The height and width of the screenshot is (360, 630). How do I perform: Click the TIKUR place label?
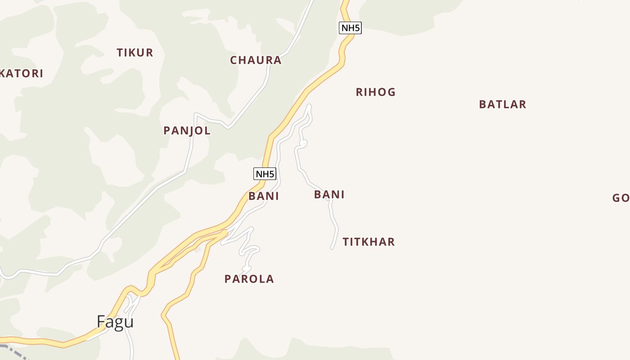coord(135,53)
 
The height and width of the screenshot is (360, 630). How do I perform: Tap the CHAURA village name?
coord(256,60)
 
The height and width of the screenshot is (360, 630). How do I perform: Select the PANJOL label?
coord(187,131)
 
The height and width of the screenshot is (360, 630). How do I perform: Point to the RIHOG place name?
coord(376,92)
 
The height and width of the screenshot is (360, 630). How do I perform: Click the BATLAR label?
coord(503,104)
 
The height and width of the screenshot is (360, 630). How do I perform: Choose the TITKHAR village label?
coord(369,242)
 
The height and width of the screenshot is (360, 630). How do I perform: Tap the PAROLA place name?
coord(249,279)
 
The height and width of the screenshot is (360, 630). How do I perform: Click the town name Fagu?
coord(115,322)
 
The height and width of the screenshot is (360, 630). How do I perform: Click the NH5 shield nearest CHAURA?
coord(350,28)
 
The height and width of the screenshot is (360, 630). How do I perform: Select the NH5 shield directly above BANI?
coord(265,174)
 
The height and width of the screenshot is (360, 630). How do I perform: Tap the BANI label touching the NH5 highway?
coord(264,196)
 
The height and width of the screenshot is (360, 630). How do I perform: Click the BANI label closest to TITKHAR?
coord(329,195)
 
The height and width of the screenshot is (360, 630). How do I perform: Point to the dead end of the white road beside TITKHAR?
coord(332,248)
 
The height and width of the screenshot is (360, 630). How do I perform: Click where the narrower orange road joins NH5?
coord(224,233)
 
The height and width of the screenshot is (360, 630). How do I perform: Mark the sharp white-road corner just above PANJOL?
coord(195,114)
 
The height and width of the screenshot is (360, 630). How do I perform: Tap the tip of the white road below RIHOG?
coord(309,106)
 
